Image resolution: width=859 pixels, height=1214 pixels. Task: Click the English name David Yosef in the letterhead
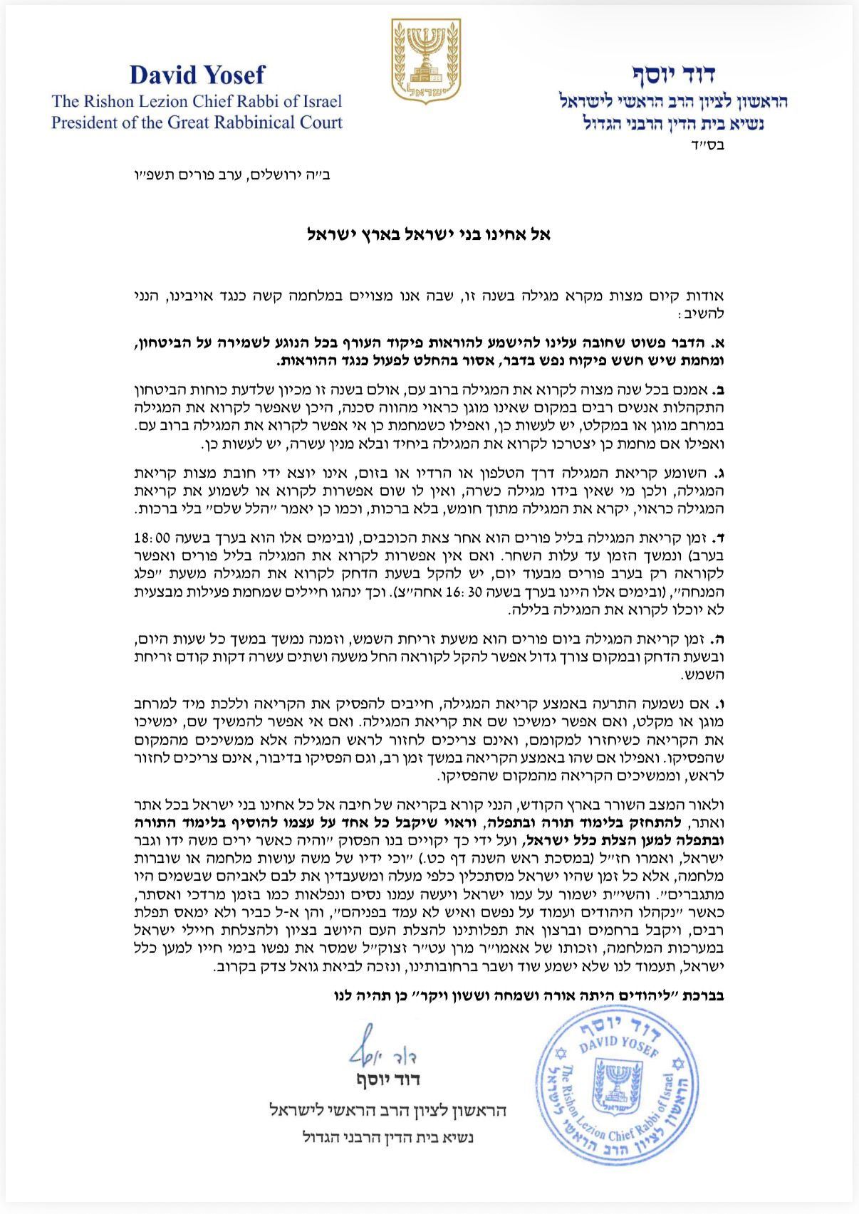coord(197,75)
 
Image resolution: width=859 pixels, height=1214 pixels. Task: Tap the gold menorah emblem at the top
coord(426,61)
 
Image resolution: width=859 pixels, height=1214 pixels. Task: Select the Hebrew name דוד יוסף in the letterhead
coord(673,74)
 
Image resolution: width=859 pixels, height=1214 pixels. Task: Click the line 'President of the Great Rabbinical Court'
coord(197,122)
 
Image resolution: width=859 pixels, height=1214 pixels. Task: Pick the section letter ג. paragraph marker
coord(720,473)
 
